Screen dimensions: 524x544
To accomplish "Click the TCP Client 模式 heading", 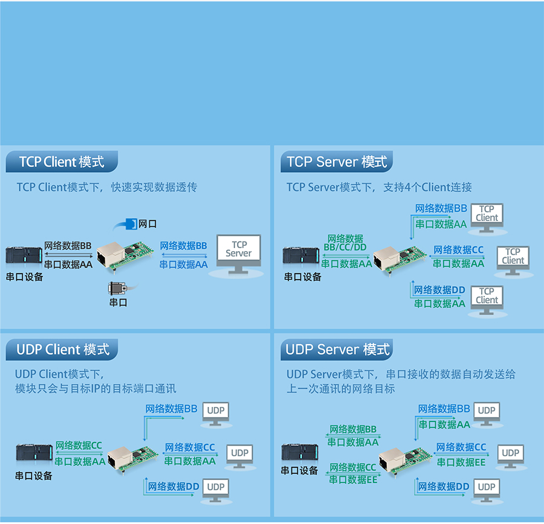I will point(61,162).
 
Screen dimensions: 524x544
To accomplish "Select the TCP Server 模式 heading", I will point(337,162).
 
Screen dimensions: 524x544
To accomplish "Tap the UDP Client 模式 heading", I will point(63,350).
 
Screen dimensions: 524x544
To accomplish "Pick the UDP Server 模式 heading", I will point(337,350).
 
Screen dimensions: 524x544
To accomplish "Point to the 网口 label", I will point(147,224).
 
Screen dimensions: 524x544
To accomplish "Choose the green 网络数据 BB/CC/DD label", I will point(345,243).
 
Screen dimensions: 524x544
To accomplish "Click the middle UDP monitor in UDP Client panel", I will point(240,455).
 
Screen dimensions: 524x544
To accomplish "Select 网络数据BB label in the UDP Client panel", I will point(171,409).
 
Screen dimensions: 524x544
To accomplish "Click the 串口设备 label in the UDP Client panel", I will point(34,476).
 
